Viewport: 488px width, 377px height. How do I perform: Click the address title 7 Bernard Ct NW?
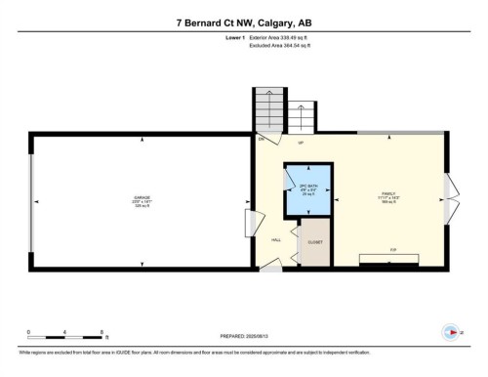pyautogui.click(x=243, y=21)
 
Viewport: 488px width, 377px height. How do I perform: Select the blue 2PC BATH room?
pyautogui.click(x=306, y=190)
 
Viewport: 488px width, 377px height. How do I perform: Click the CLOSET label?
pyautogui.click(x=314, y=241)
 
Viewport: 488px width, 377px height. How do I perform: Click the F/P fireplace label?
pyautogui.click(x=391, y=251)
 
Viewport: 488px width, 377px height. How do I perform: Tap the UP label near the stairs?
pyautogui.click(x=302, y=144)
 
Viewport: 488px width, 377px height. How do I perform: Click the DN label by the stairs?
pyautogui.click(x=262, y=140)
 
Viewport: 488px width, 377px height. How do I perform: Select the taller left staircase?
pyautogui.click(x=267, y=108)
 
